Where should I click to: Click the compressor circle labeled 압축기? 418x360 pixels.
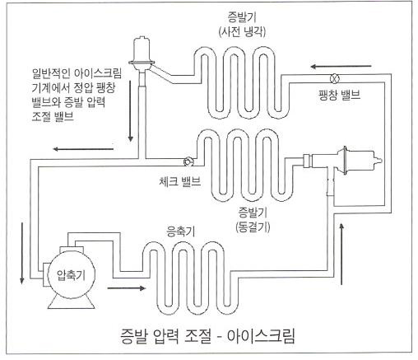pos(71,275)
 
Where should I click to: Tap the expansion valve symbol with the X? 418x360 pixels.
pos(335,78)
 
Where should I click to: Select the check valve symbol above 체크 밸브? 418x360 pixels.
pos(188,161)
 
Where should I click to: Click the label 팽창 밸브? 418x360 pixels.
pos(339,96)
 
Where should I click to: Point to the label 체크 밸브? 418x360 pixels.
pos(180,181)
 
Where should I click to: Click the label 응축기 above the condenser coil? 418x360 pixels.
pos(181,231)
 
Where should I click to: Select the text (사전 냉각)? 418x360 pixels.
pos(242,32)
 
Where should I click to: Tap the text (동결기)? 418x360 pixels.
pos(253,227)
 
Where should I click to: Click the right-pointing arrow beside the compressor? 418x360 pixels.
pos(127,288)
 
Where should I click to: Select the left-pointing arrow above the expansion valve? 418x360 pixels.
pos(341,67)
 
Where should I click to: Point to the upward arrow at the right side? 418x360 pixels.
pos(341,254)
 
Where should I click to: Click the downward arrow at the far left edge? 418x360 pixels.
pos(22,253)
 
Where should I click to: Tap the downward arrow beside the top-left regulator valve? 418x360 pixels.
pos(131,110)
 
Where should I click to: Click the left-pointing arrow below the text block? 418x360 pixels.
pos(83,149)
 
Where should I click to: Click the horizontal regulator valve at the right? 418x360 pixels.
pos(342,161)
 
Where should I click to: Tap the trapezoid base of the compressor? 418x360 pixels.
pos(72,302)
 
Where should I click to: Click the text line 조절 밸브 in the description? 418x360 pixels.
pos(53,117)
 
